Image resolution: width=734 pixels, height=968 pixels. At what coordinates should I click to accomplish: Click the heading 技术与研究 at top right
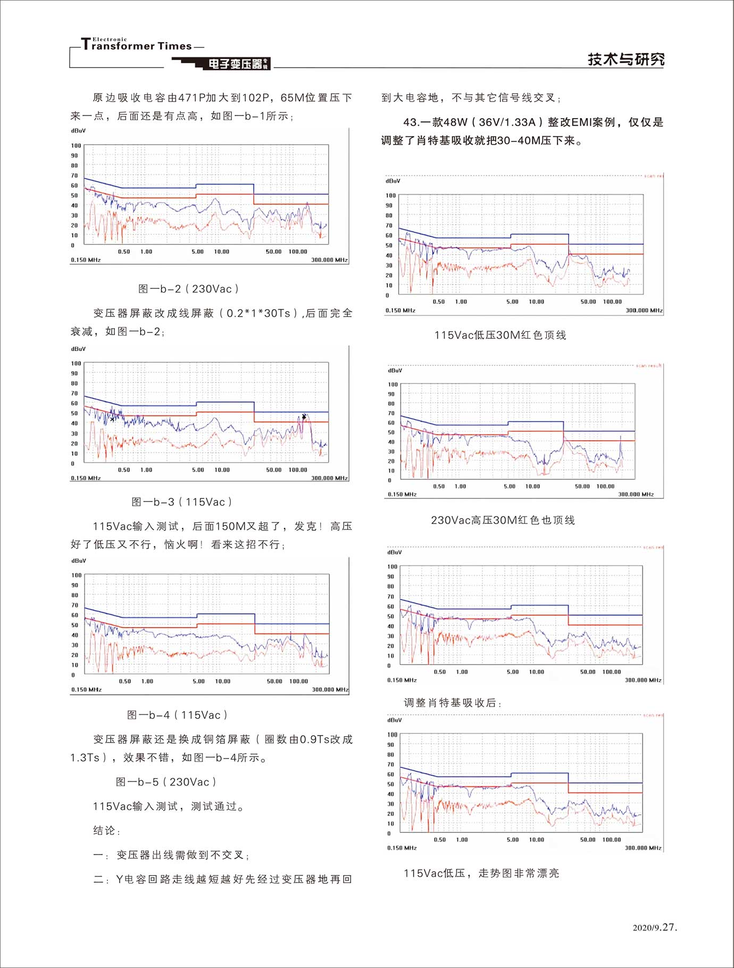coord(625,60)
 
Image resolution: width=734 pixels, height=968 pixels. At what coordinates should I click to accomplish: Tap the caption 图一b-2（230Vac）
coord(188,289)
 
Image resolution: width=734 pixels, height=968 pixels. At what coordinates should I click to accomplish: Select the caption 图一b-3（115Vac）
coord(182,502)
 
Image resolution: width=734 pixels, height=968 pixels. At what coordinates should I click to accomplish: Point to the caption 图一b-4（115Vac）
coord(177,715)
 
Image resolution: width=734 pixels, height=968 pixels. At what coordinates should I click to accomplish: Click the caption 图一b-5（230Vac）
coord(166,782)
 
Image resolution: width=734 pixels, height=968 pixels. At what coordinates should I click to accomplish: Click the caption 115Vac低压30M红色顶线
coord(500,335)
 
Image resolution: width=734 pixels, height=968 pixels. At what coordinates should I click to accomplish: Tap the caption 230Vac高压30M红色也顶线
coord(503,520)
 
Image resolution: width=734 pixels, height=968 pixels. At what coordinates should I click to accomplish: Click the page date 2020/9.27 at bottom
coord(655,928)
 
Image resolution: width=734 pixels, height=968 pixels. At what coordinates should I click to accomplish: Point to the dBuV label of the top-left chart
coord(78,131)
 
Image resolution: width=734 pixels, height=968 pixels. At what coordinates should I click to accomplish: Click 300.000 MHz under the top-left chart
coord(329,260)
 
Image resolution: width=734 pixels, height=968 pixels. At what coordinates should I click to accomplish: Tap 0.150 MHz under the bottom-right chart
coord(402,848)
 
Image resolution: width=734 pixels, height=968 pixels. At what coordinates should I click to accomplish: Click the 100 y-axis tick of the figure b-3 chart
coord(76,364)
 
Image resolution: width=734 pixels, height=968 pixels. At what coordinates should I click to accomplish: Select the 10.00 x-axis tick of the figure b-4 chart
coord(223,681)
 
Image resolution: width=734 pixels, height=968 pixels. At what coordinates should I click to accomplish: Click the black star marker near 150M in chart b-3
coord(304,416)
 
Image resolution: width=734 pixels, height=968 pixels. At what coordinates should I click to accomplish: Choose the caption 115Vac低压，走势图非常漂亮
coord(481,873)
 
